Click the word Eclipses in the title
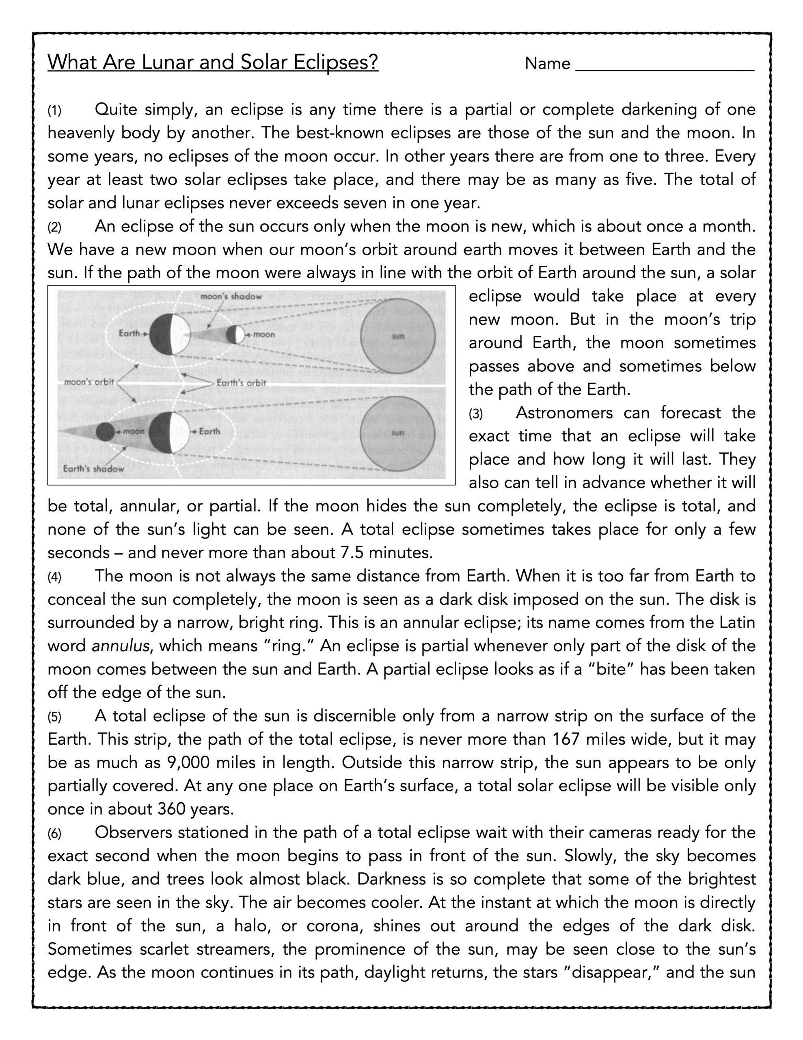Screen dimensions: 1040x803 coord(336,63)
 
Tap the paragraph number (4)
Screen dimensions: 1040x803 coord(54,578)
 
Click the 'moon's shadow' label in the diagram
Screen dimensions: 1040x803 coord(231,297)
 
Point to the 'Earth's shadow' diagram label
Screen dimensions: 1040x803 coord(93,468)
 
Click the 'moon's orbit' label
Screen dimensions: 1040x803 coord(89,382)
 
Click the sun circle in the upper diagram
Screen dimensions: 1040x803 coord(398,336)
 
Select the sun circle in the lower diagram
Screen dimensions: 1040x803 coord(398,433)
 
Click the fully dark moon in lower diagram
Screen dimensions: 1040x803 coord(105,432)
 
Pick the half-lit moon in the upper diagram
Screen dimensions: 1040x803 coord(235,334)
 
